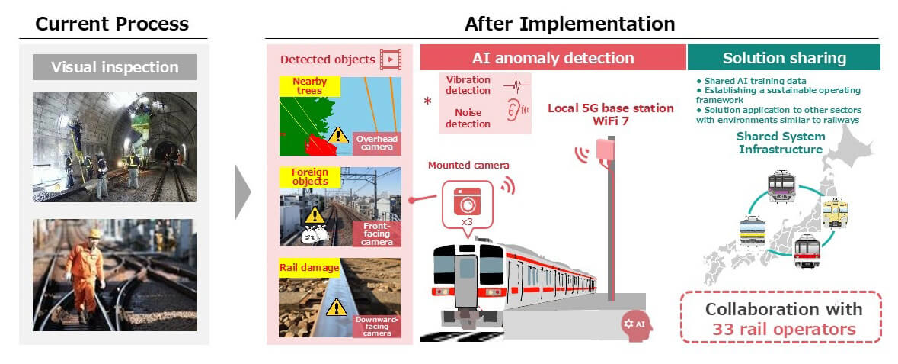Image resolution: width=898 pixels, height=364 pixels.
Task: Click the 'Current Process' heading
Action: [x=112, y=24]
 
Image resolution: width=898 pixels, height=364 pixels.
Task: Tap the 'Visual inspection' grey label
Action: [x=114, y=67]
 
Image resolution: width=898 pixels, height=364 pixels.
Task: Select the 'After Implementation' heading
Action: [x=570, y=24]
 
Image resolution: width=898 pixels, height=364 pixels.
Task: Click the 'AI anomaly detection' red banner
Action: [x=552, y=58]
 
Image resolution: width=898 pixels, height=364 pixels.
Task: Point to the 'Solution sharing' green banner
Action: [x=784, y=58]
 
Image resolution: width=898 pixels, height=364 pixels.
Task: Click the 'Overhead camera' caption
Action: [x=376, y=143]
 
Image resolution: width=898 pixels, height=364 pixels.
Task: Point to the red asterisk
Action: [x=428, y=101]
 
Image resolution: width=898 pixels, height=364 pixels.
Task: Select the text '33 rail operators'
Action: [x=783, y=330]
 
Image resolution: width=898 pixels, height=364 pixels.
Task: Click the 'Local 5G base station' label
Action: [x=610, y=108]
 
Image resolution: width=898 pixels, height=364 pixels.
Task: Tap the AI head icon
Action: [x=636, y=323]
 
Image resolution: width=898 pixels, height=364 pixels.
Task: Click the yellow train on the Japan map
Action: [x=835, y=213]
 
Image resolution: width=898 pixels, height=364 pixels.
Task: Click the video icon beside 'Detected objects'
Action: [x=391, y=59]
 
